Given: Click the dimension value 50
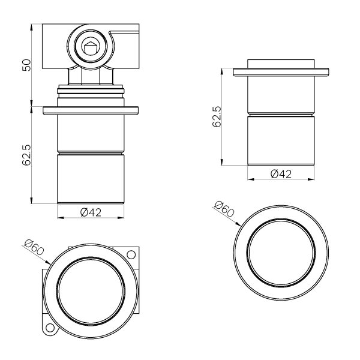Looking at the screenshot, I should (25, 65).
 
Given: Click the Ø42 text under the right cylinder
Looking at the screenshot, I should (281, 174).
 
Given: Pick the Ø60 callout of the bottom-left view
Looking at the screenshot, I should (34, 247).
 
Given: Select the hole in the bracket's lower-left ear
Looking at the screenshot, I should (50, 329).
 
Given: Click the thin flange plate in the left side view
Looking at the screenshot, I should (91, 110).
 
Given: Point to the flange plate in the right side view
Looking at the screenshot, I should (281, 73).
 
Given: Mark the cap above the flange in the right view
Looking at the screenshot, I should (281, 64).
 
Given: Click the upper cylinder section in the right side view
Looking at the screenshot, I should (281, 95).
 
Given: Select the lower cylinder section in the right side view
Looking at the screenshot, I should (281, 139).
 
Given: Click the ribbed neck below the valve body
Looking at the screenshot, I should (91, 93).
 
